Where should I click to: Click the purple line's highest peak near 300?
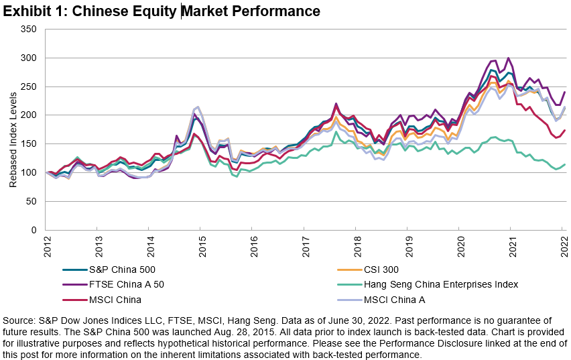[x=509, y=58]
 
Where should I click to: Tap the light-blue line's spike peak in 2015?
[x=197, y=107]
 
